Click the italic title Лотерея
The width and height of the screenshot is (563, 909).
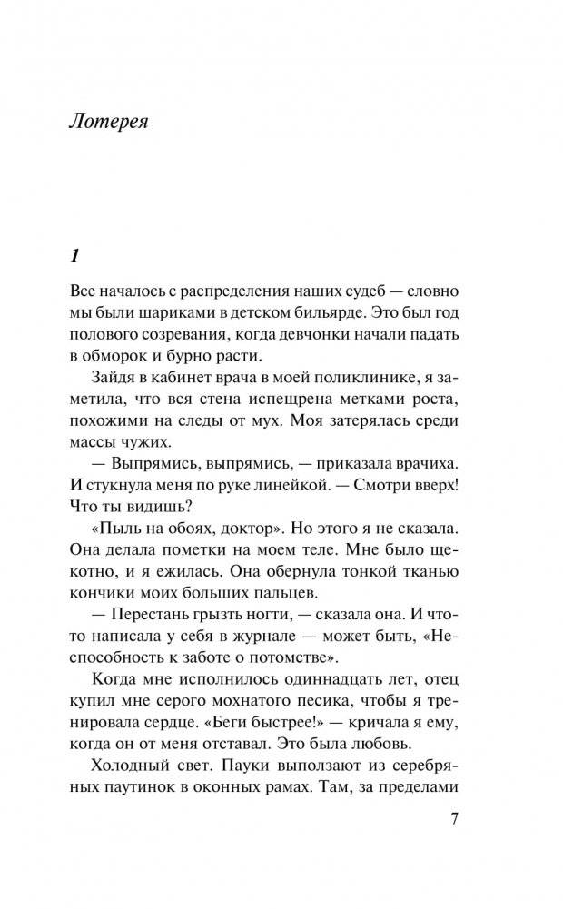click(108, 123)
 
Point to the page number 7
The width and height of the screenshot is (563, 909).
click(455, 817)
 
